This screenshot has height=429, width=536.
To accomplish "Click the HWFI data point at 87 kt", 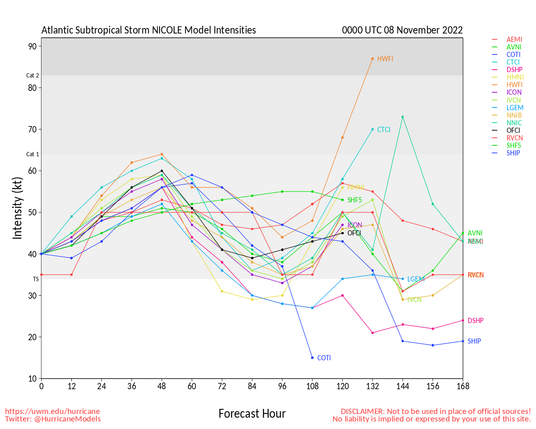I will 372,59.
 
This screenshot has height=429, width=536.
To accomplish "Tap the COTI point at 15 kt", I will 312,358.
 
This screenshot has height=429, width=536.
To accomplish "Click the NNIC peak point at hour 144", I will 402,117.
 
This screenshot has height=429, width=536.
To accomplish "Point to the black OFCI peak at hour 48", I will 162,171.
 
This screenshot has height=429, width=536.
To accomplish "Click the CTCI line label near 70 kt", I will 384,129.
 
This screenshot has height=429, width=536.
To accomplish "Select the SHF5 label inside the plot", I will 355,200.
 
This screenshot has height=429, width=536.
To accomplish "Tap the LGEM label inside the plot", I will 416,279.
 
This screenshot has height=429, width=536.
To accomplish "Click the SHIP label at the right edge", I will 474,341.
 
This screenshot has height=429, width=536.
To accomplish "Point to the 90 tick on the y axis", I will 32,46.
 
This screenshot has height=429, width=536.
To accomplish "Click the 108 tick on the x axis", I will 312,386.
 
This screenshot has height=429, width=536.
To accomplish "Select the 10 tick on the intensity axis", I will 32,379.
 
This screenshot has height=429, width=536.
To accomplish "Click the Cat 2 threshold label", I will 33,75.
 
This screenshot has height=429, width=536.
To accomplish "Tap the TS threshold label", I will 36,279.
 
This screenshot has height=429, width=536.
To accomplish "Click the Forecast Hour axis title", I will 252,413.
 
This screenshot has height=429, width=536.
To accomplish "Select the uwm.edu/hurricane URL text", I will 52,411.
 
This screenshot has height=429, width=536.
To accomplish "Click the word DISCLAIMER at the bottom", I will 362,411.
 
